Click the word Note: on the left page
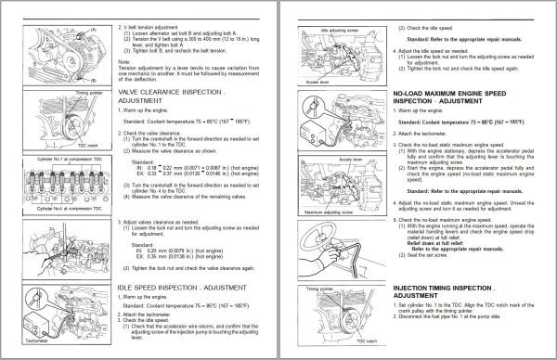click(x=124, y=60)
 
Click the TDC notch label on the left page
click(x=87, y=148)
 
